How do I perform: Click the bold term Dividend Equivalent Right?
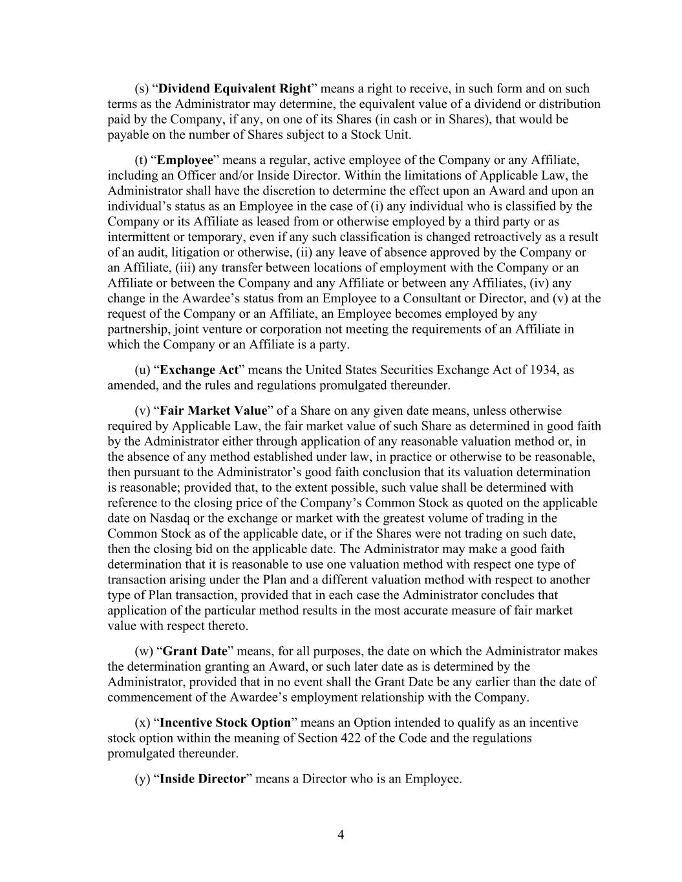point(235,89)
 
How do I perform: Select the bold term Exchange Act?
point(200,370)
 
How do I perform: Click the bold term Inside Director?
point(202,779)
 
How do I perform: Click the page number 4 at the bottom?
point(341,835)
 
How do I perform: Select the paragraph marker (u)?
point(142,370)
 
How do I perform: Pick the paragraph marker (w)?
point(143,651)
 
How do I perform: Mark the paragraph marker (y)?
point(142,779)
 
